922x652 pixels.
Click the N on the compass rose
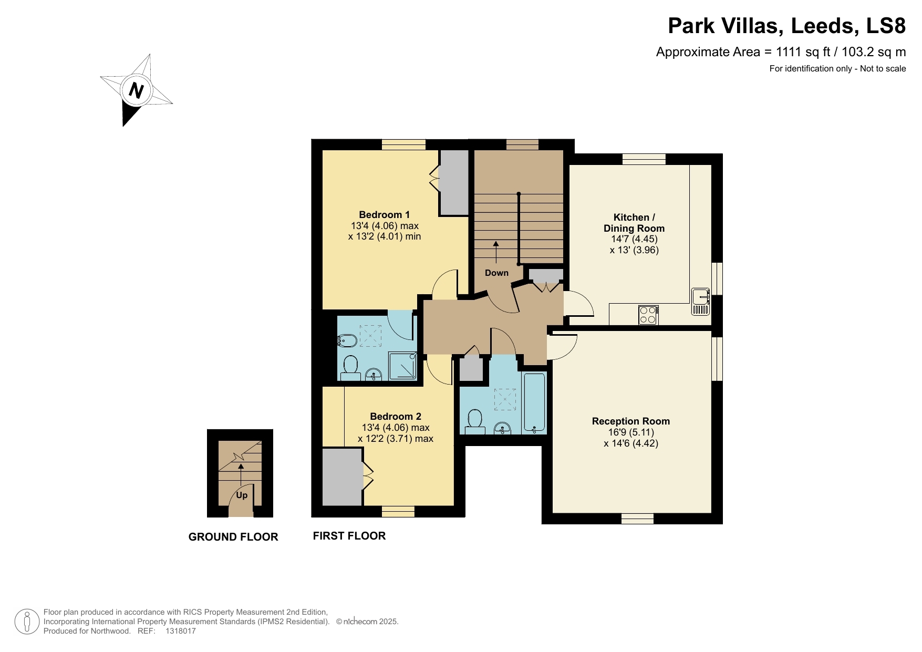coord(136,90)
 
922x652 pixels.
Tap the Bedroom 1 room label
coord(384,215)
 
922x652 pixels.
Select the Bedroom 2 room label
coord(395,417)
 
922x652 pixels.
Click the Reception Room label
coord(630,421)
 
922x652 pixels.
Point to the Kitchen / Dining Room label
coord(634,223)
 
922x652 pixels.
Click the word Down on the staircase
coord(496,273)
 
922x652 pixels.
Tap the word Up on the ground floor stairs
coord(242,495)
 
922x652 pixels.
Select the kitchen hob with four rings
coord(648,315)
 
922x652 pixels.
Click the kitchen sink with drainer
coord(701,301)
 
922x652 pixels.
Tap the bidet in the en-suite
coord(347,341)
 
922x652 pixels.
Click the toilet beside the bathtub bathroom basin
coord(475,421)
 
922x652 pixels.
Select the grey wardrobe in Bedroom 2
coord(342,477)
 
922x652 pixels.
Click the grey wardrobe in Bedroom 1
coord(454,182)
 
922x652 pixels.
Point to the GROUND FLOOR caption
coord(233,537)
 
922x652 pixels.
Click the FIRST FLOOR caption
coord(349,536)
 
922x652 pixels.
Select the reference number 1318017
coord(180,631)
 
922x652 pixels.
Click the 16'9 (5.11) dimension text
coord(630,432)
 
